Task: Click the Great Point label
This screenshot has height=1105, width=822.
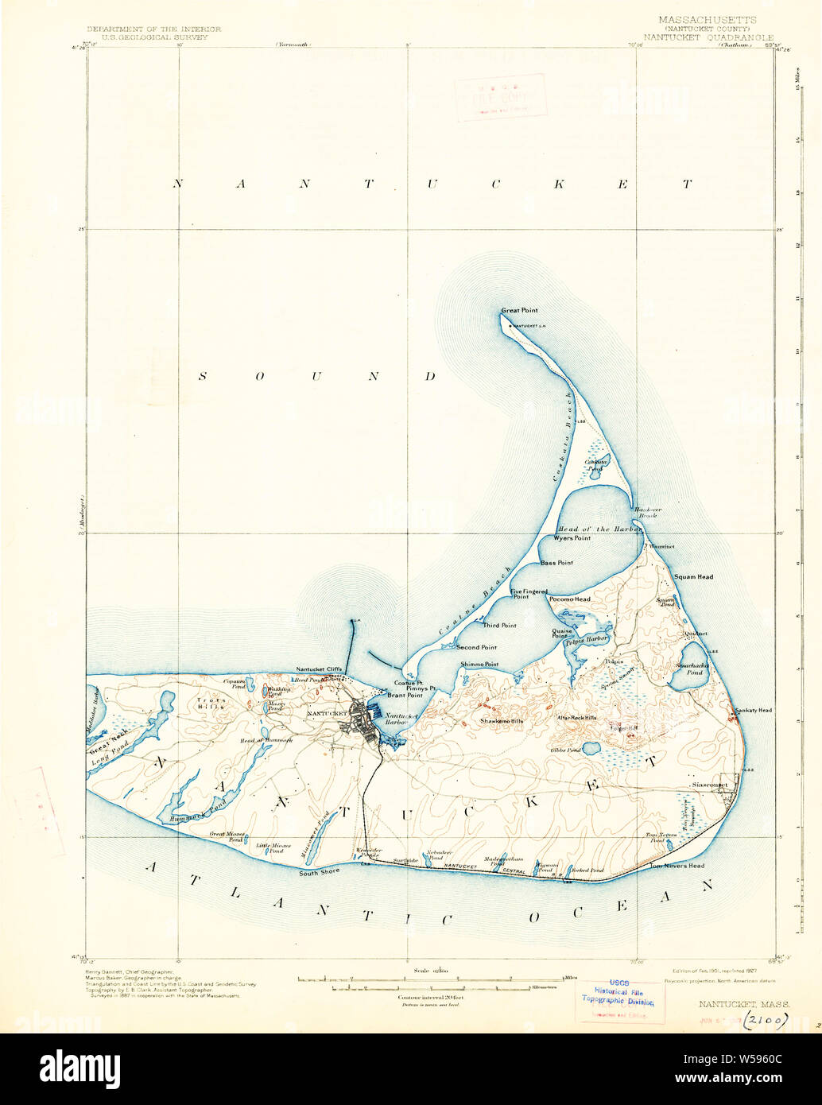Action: pos(519,311)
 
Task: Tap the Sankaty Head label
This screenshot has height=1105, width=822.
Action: pos(753,710)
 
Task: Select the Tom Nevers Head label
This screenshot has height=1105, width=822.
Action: pos(677,866)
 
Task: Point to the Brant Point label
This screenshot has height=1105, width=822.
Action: pos(404,695)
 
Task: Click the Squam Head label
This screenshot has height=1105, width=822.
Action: pos(693,577)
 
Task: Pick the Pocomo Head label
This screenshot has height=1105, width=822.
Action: pos(570,599)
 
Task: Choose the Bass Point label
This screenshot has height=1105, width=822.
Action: pos(556,563)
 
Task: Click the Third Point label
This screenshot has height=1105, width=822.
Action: pos(498,626)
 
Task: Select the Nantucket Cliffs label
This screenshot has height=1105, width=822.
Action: pos(319,669)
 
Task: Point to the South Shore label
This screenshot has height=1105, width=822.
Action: pos(319,872)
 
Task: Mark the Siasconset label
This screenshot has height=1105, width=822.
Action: pos(709,785)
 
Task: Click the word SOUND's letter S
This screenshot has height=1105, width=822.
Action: pos(202,376)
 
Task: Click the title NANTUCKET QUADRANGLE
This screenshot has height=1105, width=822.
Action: pos(708,37)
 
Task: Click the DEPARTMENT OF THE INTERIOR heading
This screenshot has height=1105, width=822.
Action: pos(154,29)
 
